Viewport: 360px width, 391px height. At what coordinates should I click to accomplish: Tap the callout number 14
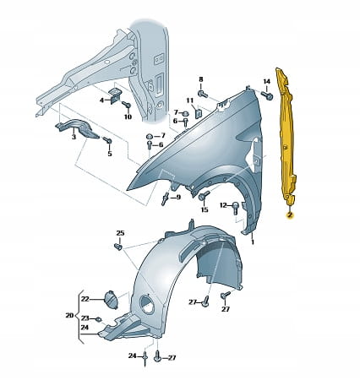266,81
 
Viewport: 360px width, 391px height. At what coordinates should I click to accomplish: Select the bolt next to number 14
267,95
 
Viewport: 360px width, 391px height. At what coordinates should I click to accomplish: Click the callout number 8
201,79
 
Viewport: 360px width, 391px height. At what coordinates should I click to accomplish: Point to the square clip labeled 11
198,112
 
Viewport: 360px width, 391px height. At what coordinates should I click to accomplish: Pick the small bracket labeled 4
114,95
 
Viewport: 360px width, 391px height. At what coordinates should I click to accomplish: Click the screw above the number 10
127,106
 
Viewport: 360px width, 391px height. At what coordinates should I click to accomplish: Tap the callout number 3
74,137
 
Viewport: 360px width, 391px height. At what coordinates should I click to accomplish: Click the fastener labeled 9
166,198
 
